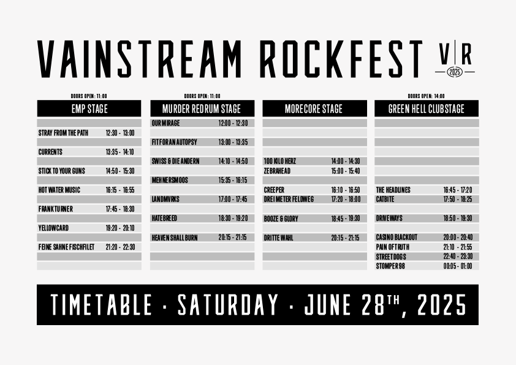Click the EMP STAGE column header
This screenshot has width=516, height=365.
pyautogui.click(x=89, y=109)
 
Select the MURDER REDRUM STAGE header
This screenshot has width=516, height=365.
pyautogui.click(x=202, y=109)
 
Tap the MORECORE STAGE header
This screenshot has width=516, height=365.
pyautogui.click(x=314, y=109)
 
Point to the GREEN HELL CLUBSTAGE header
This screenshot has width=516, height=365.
pyautogui.click(x=427, y=109)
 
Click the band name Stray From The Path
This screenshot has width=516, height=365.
pyautogui.click(x=63, y=133)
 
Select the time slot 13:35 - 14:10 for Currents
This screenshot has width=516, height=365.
pyautogui.click(x=120, y=152)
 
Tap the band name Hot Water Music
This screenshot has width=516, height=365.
pyautogui.click(x=59, y=190)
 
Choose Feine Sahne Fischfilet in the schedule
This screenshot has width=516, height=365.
pyautogui.click(x=66, y=247)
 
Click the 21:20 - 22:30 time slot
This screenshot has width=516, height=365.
pyautogui.click(x=120, y=247)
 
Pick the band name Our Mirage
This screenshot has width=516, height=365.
pyautogui.click(x=165, y=123)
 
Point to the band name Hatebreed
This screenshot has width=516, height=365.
pyautogui.click(x=164, y=218)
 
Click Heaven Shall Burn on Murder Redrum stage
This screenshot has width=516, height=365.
pyautogui.click(x=175, y=237)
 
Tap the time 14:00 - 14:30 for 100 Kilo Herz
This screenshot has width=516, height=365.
pyautogui.click(x=346, y=161)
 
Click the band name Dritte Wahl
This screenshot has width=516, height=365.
pyautogui.click(x=278, y=238)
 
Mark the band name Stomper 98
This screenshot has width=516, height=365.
pyautogui.click(x=390, y=266)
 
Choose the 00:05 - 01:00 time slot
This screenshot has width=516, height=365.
pyautogui.click(x=458, y=266)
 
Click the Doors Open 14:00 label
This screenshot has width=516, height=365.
pyautogui.click(x=426, y=96)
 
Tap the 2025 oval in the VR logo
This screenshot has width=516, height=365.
pyautogui.click(x=455, y=72)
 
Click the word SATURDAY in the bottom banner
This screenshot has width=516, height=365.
pyautogui.click(x=228, y=305)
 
